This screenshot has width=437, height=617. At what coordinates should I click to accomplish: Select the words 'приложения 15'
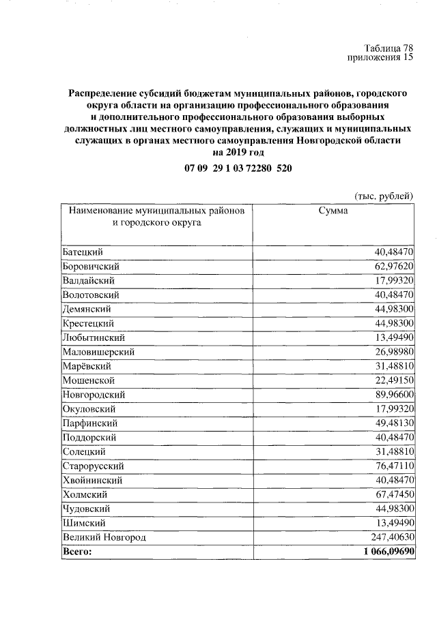(x=381, y=58)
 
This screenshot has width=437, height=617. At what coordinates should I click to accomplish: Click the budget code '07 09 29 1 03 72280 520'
(x=238, y=168)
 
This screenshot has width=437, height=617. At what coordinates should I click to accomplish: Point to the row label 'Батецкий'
(x=83, y=252)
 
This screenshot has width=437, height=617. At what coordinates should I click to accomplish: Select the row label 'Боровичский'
(x=91, y=266)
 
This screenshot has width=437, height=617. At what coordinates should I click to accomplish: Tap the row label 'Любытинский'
(x=94, y=337)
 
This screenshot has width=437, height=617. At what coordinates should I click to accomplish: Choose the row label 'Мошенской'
(x=88, y=380)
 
